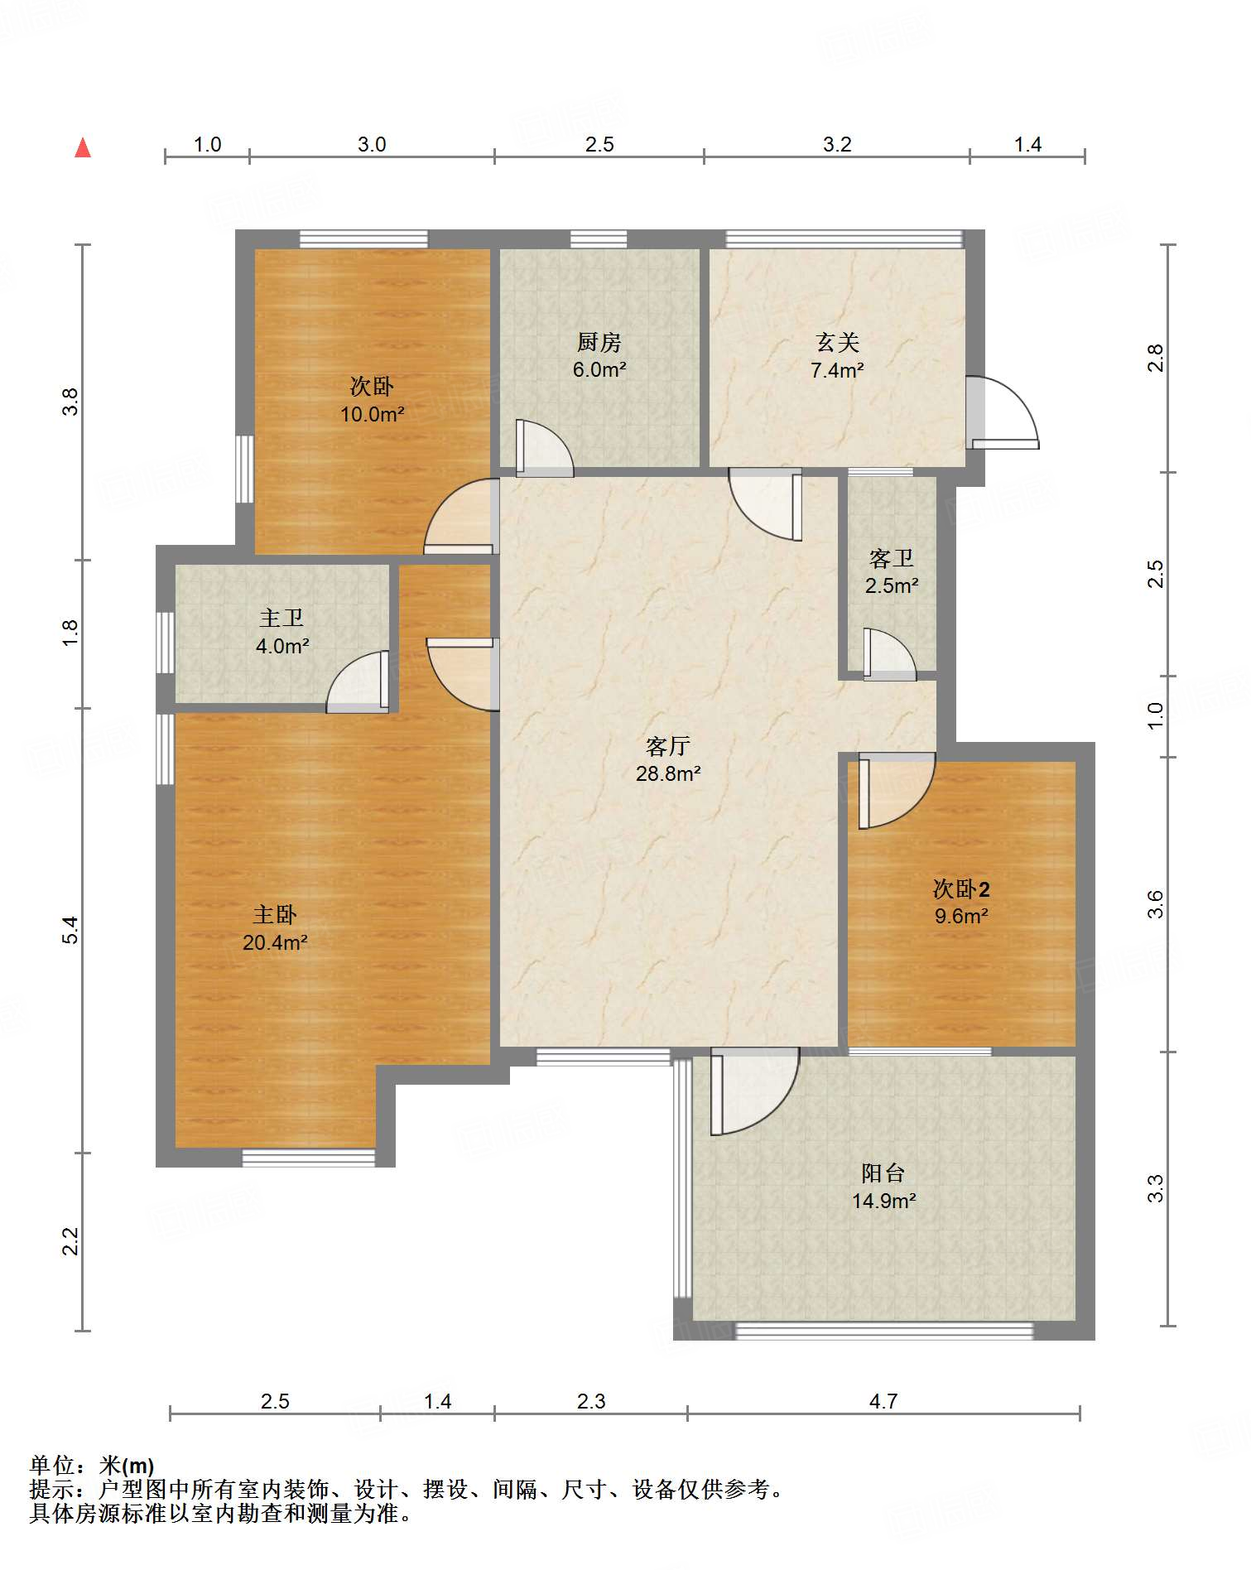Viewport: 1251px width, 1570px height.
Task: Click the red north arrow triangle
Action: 83,147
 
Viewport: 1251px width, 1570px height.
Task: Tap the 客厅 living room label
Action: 668,746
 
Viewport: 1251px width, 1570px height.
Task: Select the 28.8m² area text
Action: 668,773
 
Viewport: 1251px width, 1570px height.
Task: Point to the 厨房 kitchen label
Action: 599,342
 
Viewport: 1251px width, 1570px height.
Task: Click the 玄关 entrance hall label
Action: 837,342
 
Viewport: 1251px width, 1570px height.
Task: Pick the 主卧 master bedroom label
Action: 275,914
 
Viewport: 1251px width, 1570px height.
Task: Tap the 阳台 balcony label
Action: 883,1173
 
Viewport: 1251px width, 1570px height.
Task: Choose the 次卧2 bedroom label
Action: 961,889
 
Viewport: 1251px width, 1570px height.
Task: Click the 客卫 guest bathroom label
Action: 892,558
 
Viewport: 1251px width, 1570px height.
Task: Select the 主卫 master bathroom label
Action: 281,618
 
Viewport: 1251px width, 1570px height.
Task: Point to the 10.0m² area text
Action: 372,413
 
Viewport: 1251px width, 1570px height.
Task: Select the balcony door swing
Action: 754,1091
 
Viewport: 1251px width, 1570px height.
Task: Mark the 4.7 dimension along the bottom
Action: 883,1401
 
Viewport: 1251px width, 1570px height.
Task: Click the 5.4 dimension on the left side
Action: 71,930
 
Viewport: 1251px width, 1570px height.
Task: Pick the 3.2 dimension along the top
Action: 837,144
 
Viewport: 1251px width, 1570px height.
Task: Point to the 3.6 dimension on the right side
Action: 1155,903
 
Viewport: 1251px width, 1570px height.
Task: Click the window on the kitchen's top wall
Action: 599,239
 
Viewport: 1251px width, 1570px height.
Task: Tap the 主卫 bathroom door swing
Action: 358,681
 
